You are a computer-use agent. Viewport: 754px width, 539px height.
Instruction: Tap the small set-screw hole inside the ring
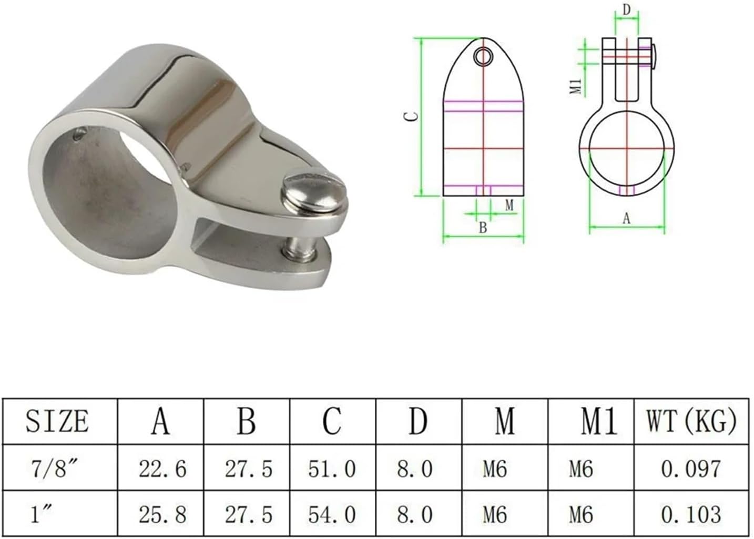pyautogui.click(x=78, y=134)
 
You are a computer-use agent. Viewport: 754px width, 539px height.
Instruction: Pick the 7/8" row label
pyautogui.click(x=51, y=467)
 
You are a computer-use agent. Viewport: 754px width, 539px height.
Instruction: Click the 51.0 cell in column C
pyautogui.click(x=332, y=468)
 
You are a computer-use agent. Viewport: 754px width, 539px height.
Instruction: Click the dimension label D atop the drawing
pyautogui.click(x=627, y=9)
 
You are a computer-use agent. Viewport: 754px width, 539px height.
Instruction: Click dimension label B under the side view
pyautogui.click(x=483, y=228)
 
